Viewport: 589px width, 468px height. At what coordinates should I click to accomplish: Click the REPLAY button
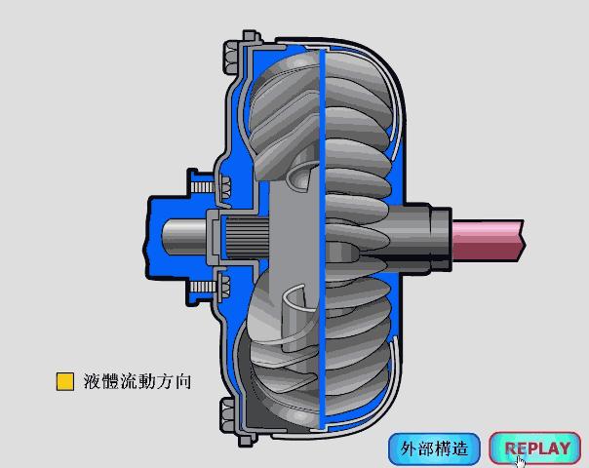535,448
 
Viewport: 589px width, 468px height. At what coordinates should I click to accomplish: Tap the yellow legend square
65,381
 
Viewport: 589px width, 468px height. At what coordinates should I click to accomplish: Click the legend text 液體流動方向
137,381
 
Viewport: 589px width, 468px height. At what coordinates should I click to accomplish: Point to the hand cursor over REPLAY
521,459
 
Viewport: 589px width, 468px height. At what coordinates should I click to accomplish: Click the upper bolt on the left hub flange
203,182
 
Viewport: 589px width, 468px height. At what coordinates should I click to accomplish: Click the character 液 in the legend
94,381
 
